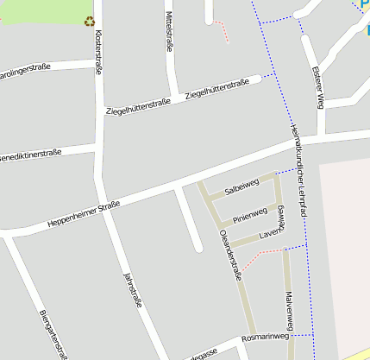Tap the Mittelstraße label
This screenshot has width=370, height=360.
coord(170,32)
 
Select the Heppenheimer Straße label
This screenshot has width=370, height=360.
coord(84,212)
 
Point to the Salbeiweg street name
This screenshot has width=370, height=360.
coord(241,186)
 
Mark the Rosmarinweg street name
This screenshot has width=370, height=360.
coord(265,337)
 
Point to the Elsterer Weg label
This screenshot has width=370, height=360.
coord(317,87)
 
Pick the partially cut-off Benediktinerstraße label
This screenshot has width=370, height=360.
coord(31,155)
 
